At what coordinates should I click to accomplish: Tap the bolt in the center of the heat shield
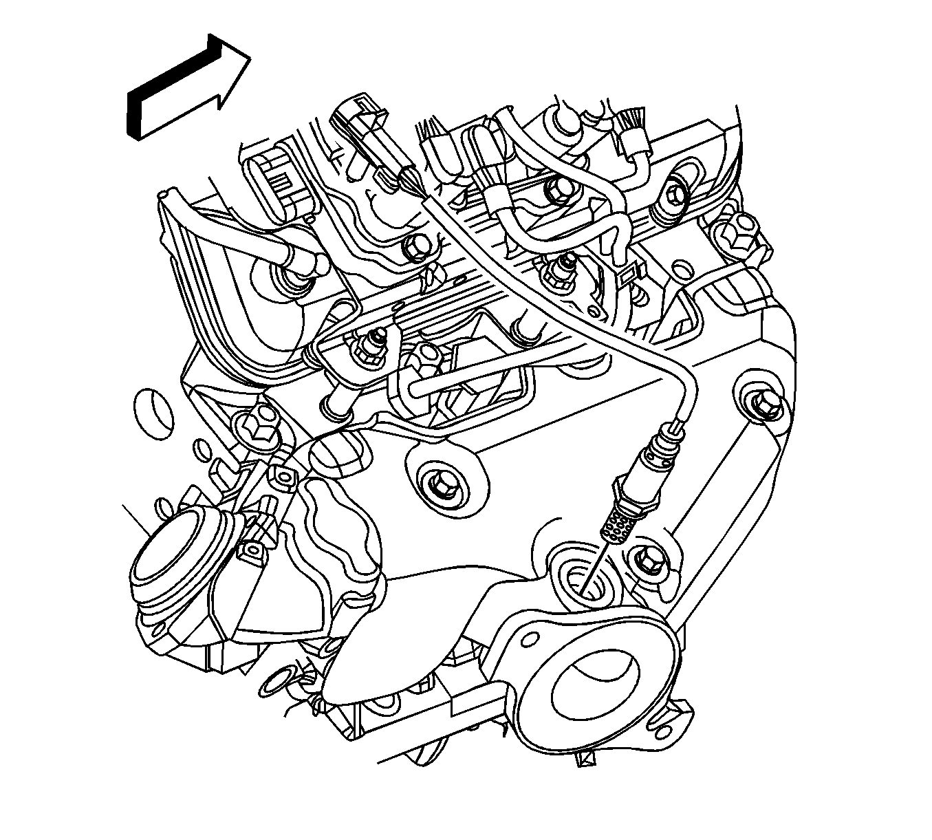click(x=438, y=484)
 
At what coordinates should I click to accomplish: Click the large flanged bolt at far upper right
click(x=737, y=233)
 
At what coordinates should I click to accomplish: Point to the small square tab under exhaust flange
click(x=587, y=759)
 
